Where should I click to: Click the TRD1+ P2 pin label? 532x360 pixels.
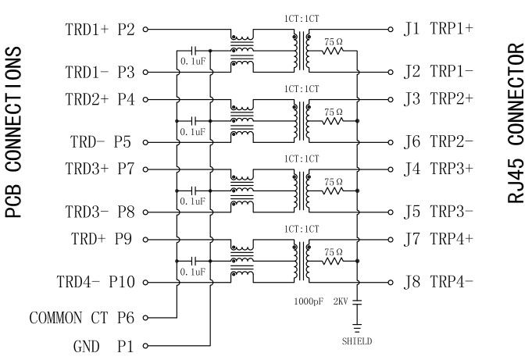click(100, 30)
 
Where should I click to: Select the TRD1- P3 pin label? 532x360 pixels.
click(100, 73)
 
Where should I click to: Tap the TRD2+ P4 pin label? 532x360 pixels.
click(100, 100)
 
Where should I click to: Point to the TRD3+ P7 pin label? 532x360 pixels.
click(100, 169)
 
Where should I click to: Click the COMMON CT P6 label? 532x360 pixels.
click(82, 318)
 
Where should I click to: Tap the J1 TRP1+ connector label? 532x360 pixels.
click(438, 30)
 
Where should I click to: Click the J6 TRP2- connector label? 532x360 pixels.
click(438, 142)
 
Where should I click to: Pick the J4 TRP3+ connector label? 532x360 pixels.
click(438, 169)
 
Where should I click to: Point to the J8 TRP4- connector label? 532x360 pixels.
click(438, 282)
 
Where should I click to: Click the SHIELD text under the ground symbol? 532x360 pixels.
click(357, 341)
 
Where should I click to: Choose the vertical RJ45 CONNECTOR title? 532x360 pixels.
click(516, 123)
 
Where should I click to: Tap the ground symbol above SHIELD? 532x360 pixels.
click(357, 327)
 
